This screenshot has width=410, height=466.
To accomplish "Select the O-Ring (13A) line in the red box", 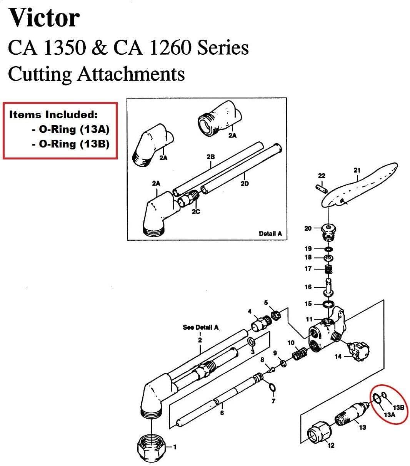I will (70, 129).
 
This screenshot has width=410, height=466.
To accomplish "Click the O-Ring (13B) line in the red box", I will (70, 144).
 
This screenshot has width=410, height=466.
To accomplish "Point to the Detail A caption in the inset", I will (270, 233).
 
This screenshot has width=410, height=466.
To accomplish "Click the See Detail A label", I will (200, 327).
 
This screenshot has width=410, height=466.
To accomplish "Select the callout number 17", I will (308, 269).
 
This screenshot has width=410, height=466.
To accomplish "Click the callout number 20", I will (308, 228).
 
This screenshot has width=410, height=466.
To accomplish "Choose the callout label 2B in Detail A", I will (210, 157).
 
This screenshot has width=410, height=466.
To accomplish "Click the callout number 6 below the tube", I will (222, 413).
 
